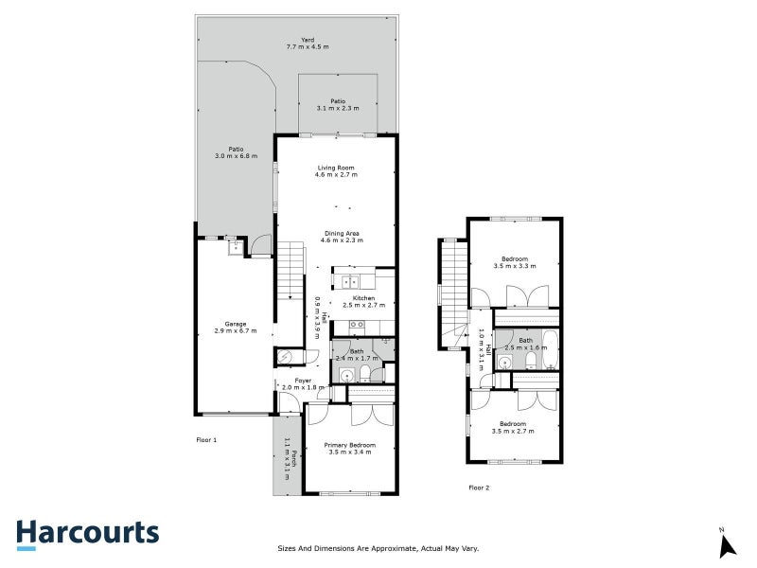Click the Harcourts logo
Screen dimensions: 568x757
click(x=87, y=533)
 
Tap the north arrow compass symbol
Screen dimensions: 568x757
click(x=727, y=544)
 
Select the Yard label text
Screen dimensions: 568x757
click(x=307, y=44)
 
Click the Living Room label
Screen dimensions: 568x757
click(x=335, y=171)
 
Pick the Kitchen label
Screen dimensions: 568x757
click(x=363, y=302)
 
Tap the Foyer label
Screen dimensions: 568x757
click(x=303, y=383)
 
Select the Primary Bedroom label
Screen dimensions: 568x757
click(x=349, y=449)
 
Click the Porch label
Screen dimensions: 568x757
click(x=288, y=460)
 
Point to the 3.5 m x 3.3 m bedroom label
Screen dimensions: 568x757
click(x=515, y=262)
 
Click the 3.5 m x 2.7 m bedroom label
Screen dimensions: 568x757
click(x=514, y=427)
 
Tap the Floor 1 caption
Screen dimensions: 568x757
click(x=206, y=440)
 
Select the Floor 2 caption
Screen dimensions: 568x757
click(x=479, y=488)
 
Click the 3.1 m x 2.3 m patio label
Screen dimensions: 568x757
click(x=338, y=105)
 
